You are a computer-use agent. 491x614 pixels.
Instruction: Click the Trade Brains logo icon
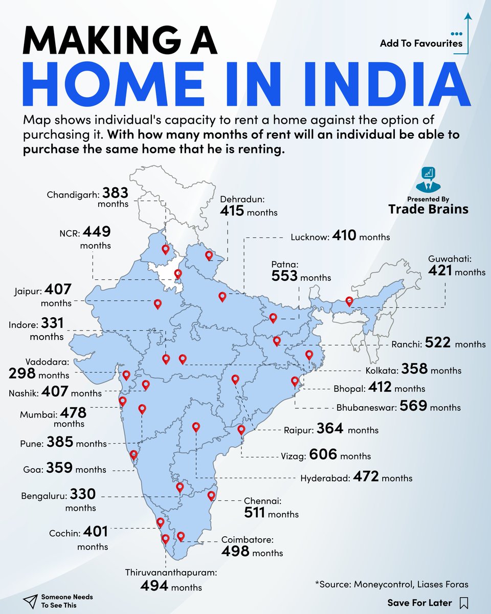428,179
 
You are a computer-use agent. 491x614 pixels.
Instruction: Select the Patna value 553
284,276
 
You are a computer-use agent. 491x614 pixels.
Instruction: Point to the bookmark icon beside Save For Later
464,602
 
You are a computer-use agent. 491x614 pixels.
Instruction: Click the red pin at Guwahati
349,302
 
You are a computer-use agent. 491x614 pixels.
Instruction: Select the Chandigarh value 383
115,193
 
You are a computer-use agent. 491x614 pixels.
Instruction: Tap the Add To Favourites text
421,43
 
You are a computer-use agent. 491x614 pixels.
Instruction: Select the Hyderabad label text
325,478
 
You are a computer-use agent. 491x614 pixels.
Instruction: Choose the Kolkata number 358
414,369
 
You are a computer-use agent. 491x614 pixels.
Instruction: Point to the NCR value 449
97,232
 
